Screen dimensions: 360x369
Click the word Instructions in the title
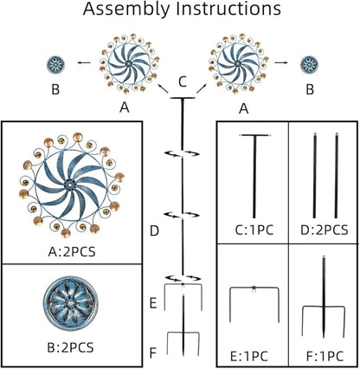coord(228,9)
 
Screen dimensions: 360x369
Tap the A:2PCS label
coord(72,252)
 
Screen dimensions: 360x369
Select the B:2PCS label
coord(70,347)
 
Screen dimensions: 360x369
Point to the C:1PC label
coord(254,230)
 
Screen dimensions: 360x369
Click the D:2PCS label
coord(325,230)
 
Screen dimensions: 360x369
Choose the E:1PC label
coord(249,356)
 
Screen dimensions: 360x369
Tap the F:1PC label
coord(325,356)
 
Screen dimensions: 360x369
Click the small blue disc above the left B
coord(55,64)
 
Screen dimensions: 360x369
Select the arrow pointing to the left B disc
coord(84,62)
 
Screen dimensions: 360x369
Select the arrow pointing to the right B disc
coord(281,62)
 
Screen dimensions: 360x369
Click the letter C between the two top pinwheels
coord(183,81)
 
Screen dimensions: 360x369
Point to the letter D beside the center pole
coord(154,231)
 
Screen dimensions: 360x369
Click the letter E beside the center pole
coord(153,303)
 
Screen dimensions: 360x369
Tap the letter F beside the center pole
coord(153,353)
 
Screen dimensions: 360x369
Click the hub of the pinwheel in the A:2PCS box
coord(69,184)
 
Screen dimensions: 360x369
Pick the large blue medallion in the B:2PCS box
coord(71,303)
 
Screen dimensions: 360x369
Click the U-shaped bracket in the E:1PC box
coord(254,288)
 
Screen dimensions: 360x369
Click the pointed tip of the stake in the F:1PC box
coord(324,337)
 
